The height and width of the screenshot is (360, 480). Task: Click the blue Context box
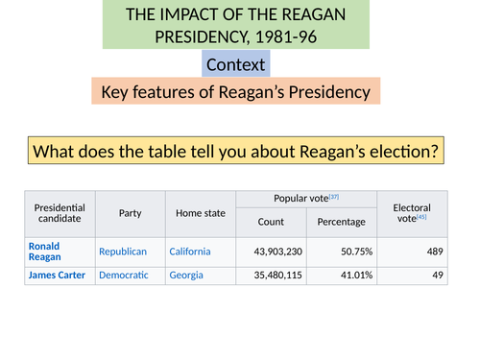click(236, 64)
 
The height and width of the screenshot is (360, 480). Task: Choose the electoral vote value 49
click(436, 275)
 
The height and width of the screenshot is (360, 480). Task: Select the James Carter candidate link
click(57, 275)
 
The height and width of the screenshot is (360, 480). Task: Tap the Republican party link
click(123, 252)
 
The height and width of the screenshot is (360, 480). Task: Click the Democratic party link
click(124, 275)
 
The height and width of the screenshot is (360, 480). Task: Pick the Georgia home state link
click(188, 275)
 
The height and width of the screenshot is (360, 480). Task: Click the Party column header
click(130, 213)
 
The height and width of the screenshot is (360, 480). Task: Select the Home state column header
click(200, 213)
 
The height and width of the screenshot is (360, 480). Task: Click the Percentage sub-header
click(342, 222)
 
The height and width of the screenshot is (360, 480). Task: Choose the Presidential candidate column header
click(60, 213)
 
